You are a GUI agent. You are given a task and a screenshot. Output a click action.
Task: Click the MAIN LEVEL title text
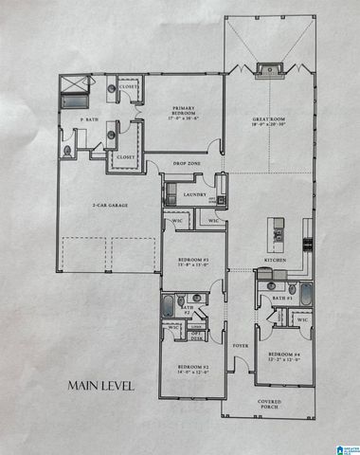(99, 386)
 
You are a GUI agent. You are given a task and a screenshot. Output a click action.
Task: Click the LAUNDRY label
(195, 196)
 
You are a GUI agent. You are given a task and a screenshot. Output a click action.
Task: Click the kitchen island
(279, 230)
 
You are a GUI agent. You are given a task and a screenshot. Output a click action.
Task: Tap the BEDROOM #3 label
(192, 262)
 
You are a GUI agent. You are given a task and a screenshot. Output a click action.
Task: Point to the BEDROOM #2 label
(190, 370)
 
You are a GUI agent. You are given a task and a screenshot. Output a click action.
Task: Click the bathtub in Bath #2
(169, 305)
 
